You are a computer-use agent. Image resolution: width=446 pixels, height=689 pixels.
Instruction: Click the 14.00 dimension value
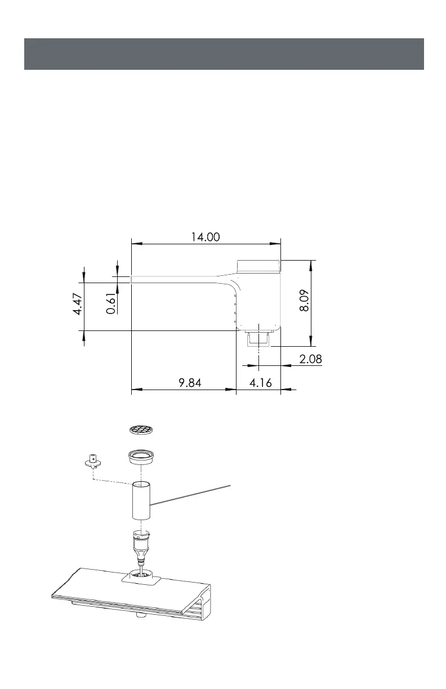pyautogui.click(x=206, y=237)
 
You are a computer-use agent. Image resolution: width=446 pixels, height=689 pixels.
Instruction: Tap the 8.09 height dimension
pyautogui.click(x=304, y=300)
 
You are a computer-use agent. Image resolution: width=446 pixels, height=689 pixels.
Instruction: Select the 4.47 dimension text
pyautogui.click(x=77, y=304)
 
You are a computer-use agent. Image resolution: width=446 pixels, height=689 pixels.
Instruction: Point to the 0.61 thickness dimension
pyautogui.click(x=111, y=303)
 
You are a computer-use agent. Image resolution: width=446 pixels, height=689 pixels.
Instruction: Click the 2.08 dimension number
pyautogui.click(x=311, y=359)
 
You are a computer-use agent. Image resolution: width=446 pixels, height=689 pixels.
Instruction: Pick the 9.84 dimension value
pyautogui.click(x=190, y=383)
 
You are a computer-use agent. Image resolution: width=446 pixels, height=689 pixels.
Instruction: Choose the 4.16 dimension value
pyautogui.click(x=261, y=383)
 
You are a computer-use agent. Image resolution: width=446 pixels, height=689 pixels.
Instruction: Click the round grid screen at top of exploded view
pyautogui.click(x=141, y=429)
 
